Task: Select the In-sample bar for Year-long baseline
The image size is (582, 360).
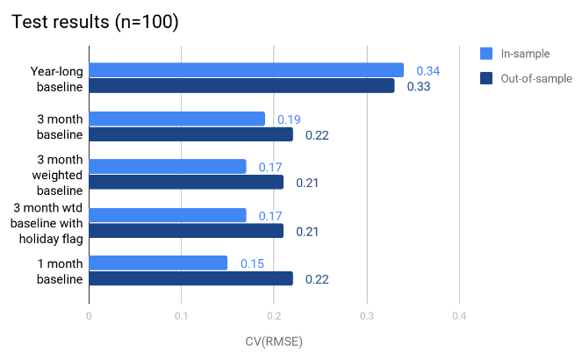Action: pos(246,70)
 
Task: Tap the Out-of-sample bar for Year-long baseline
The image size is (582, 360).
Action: pos(241,86)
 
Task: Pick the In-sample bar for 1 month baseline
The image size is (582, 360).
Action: pos(158,263)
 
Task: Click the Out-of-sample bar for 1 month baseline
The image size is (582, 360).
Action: pos(190,278)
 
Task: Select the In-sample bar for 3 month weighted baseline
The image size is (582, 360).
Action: pos(168,166)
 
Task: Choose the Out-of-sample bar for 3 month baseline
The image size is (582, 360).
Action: pos(190,134)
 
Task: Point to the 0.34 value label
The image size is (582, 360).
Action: pos(428,70)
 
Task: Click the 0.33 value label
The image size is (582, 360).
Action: pos(418,86)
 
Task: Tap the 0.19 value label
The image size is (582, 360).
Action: pos(289,119)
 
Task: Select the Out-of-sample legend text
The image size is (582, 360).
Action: pos(536,78)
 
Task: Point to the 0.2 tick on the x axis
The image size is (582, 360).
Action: pos(274,316)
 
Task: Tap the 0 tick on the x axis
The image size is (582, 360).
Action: pos(89,316)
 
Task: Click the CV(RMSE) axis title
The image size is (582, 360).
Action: pos(273,341)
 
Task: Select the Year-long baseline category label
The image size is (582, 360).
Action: pos(54,78)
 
